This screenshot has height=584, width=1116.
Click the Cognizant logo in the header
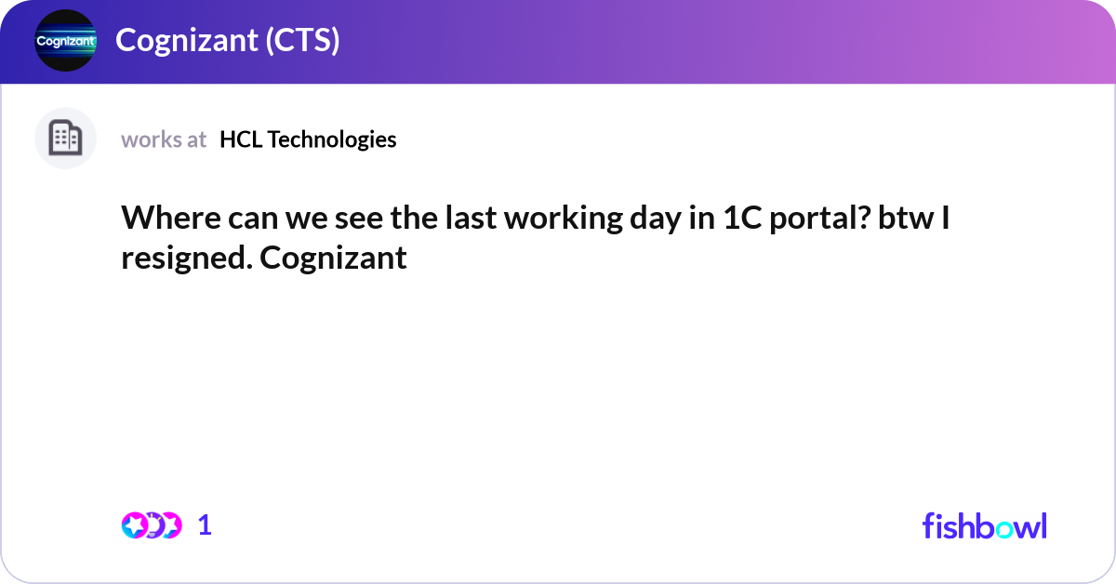click(x=65, y=41)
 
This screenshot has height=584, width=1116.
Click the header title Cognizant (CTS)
click(x=227, y=41)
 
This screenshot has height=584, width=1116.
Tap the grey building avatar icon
click(x=65, y=139)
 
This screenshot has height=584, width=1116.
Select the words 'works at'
click(x=164, y=139)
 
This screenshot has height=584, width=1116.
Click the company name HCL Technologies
click(x=308, y=139)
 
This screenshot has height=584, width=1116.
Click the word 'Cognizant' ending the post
click(x=334, y=258)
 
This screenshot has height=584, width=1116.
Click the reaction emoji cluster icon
click(x=151, y=525)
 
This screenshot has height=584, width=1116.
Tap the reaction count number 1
click(x=206, y=525)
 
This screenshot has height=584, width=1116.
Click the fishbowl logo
click(x=984, y=525)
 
